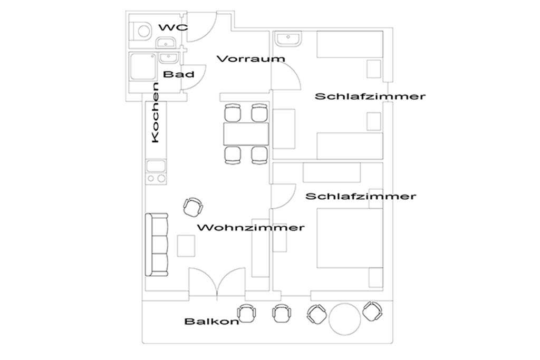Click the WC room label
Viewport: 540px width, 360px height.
tap(173, 27)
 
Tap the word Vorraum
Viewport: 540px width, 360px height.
tap(250, 59)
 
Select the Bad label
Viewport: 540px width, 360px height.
tap(178, 74)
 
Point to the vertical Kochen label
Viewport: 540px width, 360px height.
tap(156, 113)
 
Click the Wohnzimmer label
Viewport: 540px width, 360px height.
tap(250, 228)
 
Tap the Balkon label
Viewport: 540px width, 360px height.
tap(211, 322)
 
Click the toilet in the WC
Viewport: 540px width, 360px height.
tap(141, 31)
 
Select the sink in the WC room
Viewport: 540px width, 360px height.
tap(167, 43)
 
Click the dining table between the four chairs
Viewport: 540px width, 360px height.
tap(246, 134)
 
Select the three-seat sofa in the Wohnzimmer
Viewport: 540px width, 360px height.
tap(157, 245)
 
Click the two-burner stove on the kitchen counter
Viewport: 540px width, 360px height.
tap(156, 178)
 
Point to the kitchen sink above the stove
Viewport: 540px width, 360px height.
tap(156, 166)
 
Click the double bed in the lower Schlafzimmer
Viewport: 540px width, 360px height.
tap(350, 238)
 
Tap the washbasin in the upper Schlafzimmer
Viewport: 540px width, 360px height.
tap(288, 39)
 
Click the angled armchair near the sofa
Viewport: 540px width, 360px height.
tap(192, 207)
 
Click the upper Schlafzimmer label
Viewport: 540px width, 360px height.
tap(370, 96)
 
